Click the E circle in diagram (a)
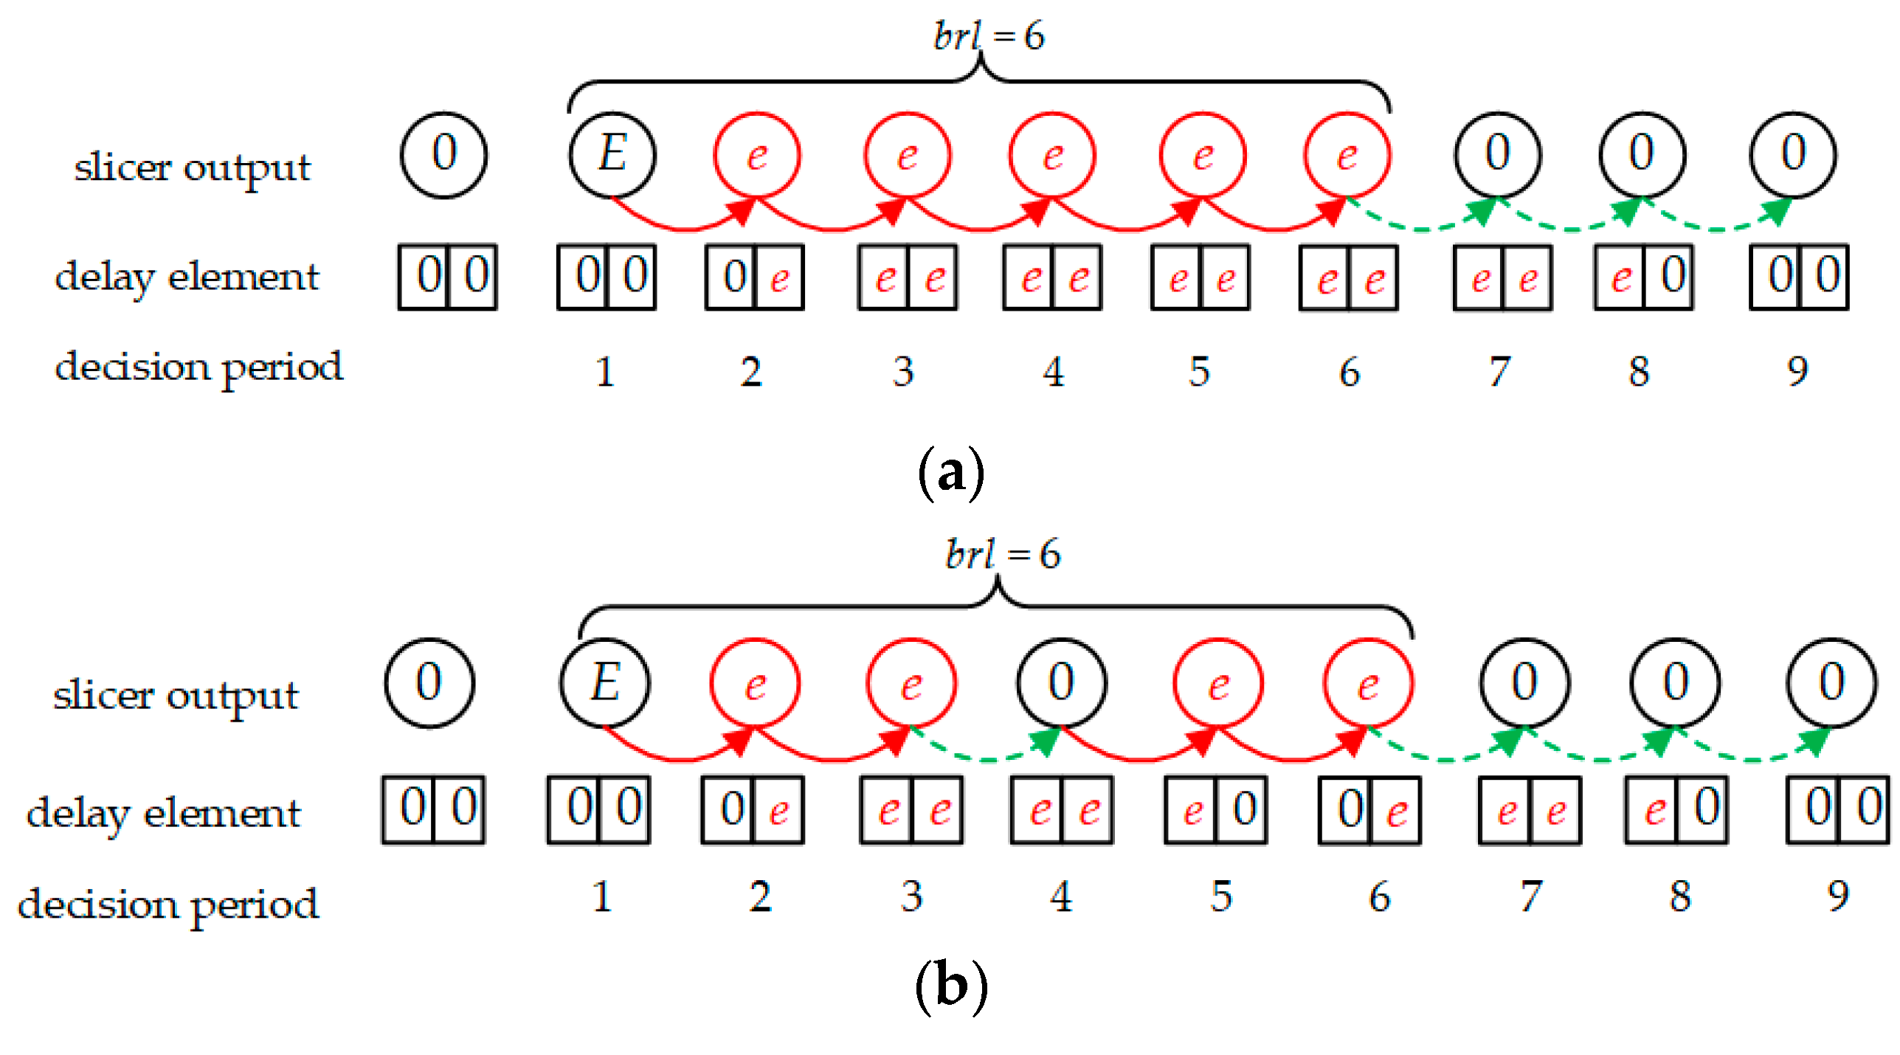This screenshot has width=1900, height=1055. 612,155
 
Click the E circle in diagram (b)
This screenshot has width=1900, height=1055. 604,683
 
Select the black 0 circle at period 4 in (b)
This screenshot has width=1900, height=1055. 1061,683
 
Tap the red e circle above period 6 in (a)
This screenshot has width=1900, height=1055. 1347,155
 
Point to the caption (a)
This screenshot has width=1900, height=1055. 950,473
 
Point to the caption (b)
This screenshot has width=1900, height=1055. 950,986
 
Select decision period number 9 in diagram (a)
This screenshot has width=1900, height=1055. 1797,371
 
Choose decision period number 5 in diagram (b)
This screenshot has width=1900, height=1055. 1221,897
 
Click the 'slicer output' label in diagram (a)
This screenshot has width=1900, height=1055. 192,168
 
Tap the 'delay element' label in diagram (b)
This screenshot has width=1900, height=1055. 164,814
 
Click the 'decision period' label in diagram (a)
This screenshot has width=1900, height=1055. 199,367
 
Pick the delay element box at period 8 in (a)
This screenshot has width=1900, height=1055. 1643,277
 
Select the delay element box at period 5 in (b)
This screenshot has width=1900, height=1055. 1215,809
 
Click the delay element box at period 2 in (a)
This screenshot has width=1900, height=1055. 754,277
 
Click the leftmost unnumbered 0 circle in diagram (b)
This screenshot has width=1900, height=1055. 429,683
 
